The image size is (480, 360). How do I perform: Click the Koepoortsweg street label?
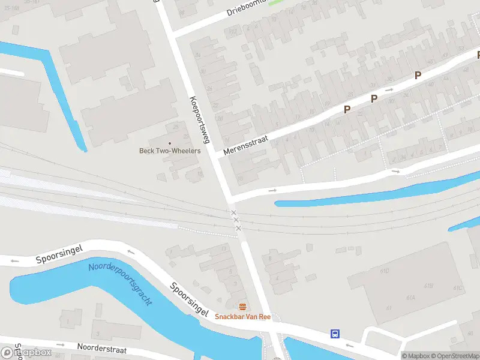point(199,119)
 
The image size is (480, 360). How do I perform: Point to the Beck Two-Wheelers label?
point(170,151)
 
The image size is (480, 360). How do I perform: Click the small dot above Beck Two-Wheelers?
point(170,143)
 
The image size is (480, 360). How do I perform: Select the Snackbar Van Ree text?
point(243,317)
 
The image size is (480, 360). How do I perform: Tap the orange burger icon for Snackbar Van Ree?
point(242,307)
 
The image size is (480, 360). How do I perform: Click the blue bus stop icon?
point(335,334)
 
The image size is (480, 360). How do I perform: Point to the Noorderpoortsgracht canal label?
point(120,284)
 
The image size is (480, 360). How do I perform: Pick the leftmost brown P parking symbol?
point(347,109)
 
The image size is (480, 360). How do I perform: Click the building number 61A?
point(410,298)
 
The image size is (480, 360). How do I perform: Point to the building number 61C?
point(458,288)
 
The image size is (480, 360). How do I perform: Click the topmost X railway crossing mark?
point(234,213)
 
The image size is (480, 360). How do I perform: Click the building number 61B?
point(428,287)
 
